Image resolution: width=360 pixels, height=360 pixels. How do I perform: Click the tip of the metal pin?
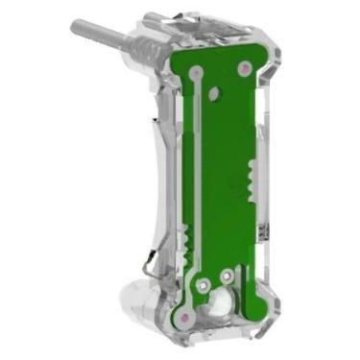pyautogui.click(x=74, y=27)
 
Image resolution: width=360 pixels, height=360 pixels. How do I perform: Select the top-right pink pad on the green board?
pyautogui.click(x=246, y=67)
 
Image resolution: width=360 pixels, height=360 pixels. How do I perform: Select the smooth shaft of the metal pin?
pyautogui.click(x=101, y=36)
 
